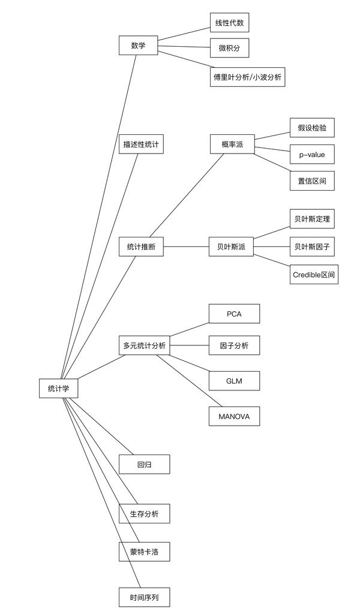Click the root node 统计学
click(58, 388)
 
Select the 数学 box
click(138, 46)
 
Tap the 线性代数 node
click(229, 23)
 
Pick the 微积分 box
click(229, 48)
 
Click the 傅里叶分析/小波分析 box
click(247, 77)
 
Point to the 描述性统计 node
click(141, 144)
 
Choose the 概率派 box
click(232, 145)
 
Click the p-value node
click(311, 154)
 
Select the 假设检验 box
click(311, 128)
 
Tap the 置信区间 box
click(311, 180)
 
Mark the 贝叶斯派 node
click(231, 246)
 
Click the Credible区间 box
click(314, 275)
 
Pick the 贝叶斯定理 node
click(311, 219)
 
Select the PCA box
click(234, 314)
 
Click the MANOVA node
click(234, 416)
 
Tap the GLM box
click(234, 381)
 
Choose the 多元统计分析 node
click(144, 345)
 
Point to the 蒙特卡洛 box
click(144, 551)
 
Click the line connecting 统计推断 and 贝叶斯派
click(186, 246)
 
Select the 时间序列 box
click(144, 597)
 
